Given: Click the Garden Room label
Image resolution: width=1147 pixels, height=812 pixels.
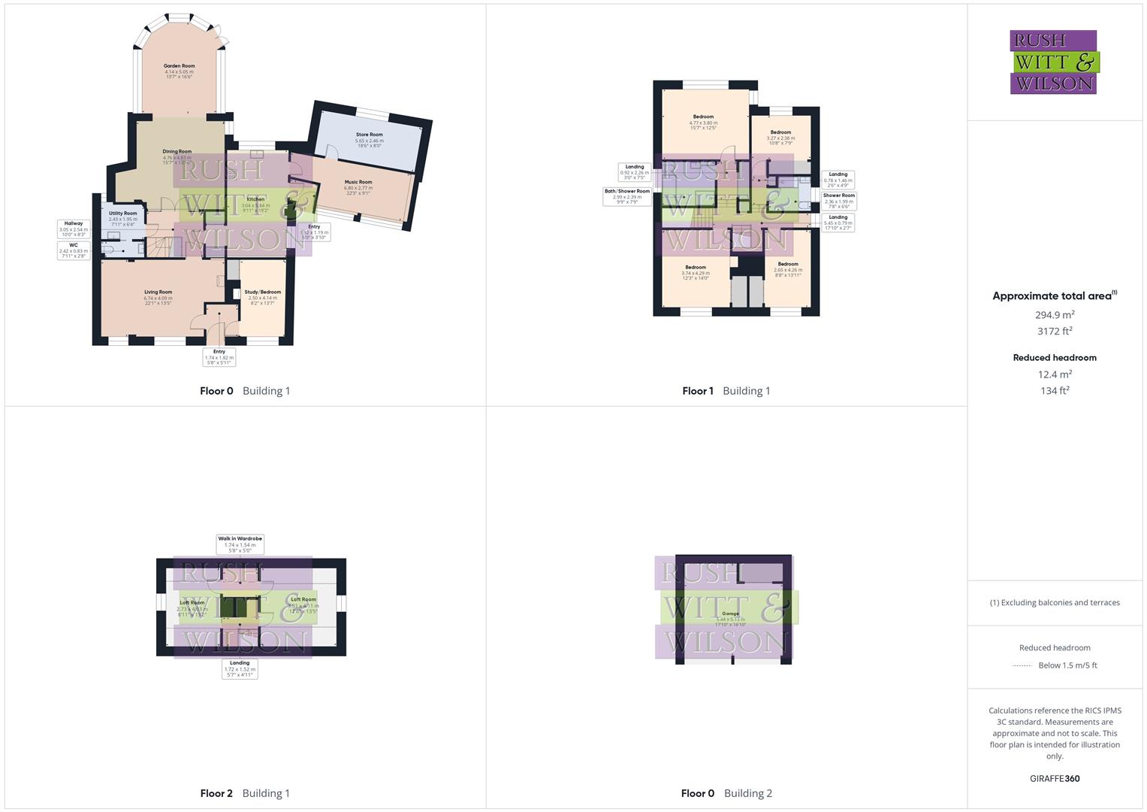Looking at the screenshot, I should (x=179, y=66).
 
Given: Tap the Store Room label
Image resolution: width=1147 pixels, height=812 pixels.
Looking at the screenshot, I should (x=369, y=135).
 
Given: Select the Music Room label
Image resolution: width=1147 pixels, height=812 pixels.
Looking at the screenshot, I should (x=358, y=183).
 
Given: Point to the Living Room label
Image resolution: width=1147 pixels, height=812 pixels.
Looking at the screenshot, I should (x=158, y=292).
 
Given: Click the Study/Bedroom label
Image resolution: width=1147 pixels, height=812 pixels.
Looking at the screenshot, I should (x=262, y=292).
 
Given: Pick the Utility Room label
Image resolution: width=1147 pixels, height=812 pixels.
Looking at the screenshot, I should (x=123, y=214).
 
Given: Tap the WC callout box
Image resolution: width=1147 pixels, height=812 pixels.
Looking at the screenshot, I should (x=74, y=250).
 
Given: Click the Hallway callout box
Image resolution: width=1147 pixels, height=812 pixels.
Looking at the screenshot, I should (x=74, y=229).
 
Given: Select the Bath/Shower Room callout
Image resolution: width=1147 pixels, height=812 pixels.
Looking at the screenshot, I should (x=627, y=196).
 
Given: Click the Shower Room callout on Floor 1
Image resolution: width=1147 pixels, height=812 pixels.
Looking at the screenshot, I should (x=838, y=201).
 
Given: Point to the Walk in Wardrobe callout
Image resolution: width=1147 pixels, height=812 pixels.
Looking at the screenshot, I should (x=240, y=544).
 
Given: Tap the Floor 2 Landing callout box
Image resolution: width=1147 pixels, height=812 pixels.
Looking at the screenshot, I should (x=240, y=668).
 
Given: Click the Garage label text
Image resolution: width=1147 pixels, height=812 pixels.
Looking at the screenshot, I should (x=729, y=614).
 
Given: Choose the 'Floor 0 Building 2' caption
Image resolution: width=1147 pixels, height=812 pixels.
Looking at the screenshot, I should (x=726, y=793).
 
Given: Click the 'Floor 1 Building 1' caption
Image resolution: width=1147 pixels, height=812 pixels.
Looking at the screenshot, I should (x=726, y=391).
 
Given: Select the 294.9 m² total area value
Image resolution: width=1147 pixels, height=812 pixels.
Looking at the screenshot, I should (x=1055, y=316).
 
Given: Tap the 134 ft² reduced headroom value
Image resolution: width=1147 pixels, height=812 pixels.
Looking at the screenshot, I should (x=1055, y=391).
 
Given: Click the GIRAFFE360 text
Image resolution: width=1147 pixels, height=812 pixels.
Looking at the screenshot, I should (x=1055, y=778).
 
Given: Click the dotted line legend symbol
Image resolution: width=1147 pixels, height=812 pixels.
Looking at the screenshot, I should (x=1022, y=665).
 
